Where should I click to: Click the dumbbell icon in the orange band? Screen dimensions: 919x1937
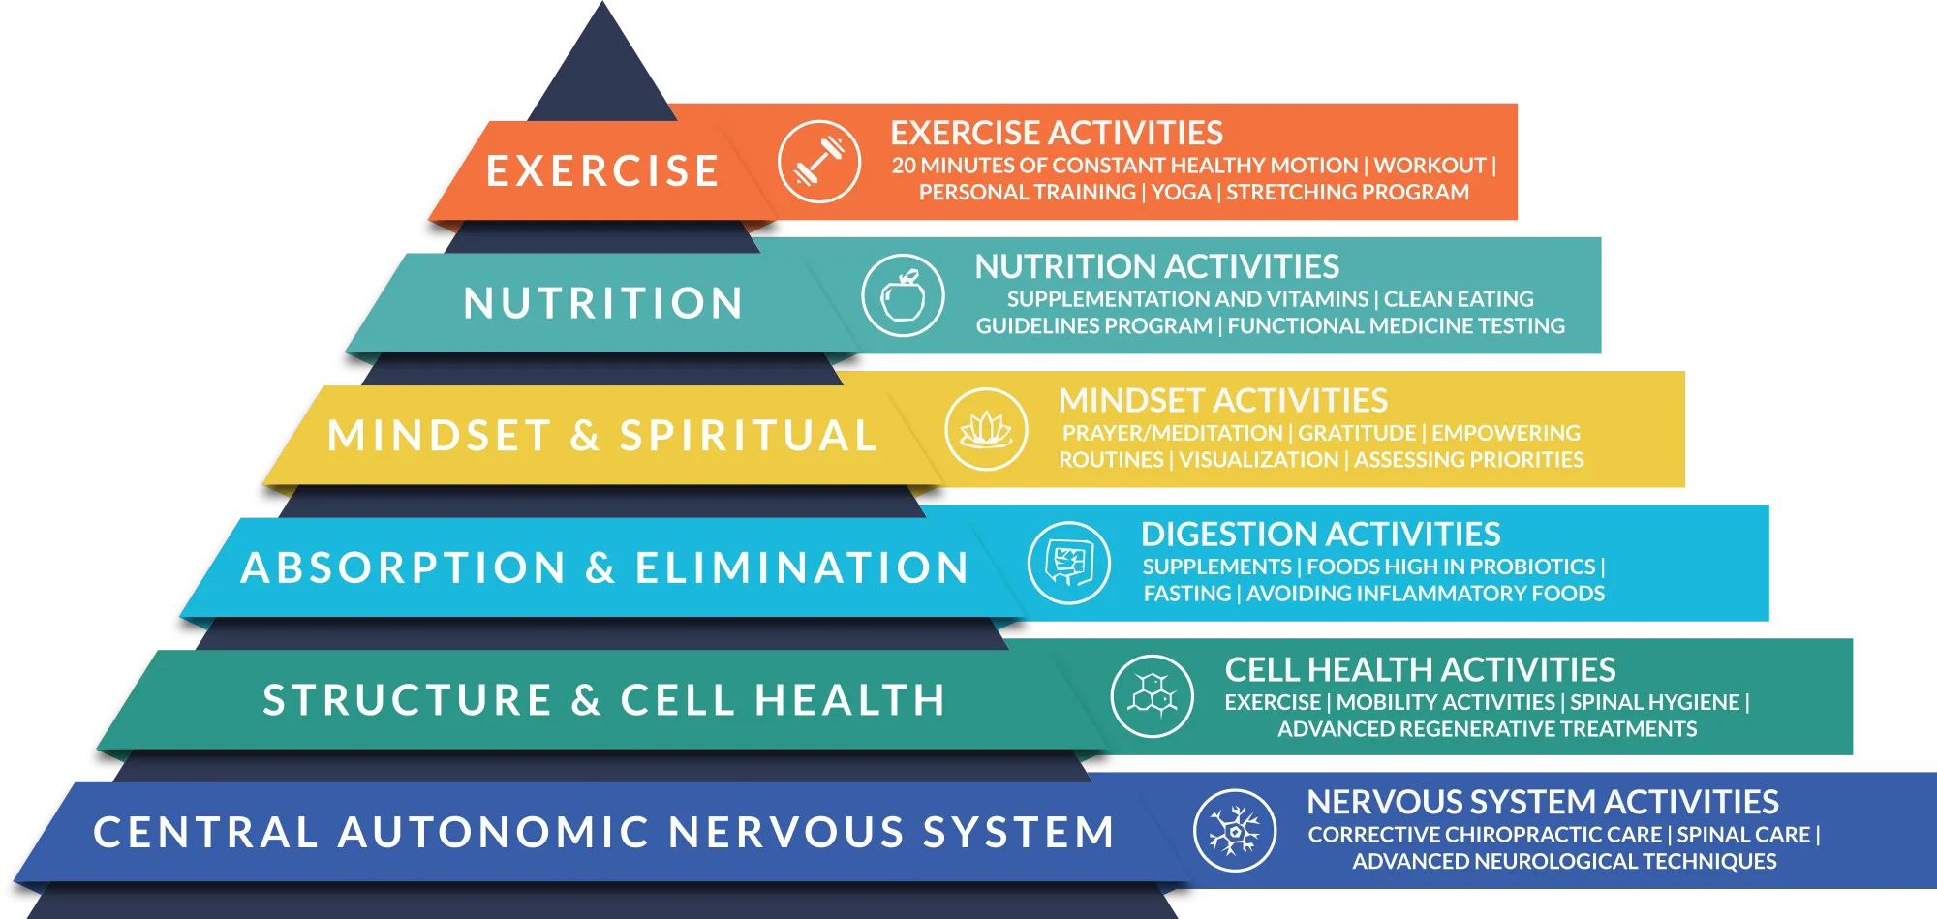click(x=819, y=162)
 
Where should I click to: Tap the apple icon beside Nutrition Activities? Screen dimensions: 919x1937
click(x=903, y=295)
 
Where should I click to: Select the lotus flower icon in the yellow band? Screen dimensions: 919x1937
click(x=986, y=429)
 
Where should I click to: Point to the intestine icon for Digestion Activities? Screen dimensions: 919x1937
click(x=1069, y=563)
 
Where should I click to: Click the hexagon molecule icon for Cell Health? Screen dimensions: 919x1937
click(x=1153, y=696)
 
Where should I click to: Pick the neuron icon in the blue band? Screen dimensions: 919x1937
click(x=1235, y=830)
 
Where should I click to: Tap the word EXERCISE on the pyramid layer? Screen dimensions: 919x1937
click(x=602, y=171)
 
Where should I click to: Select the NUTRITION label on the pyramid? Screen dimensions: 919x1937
click(x=602, y=303)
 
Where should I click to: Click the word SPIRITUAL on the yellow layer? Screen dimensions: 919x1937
click(x=748, y=436)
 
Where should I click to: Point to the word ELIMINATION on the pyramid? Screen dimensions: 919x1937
click(x=802, y=568)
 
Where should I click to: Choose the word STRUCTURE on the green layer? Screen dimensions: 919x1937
click(x=407, y=700)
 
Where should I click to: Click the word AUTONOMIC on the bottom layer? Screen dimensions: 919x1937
click(x=492, y=833)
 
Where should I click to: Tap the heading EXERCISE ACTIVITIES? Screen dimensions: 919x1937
click(x=1056, y=133)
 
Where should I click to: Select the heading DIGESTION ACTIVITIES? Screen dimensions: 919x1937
click(x=1320, y=534)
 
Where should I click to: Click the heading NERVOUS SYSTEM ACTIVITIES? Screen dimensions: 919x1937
click(x=1542, y=802)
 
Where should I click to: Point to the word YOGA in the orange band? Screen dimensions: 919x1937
click(x=1181, y=192)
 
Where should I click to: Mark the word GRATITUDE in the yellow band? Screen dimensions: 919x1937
click(x=1357, y=433)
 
